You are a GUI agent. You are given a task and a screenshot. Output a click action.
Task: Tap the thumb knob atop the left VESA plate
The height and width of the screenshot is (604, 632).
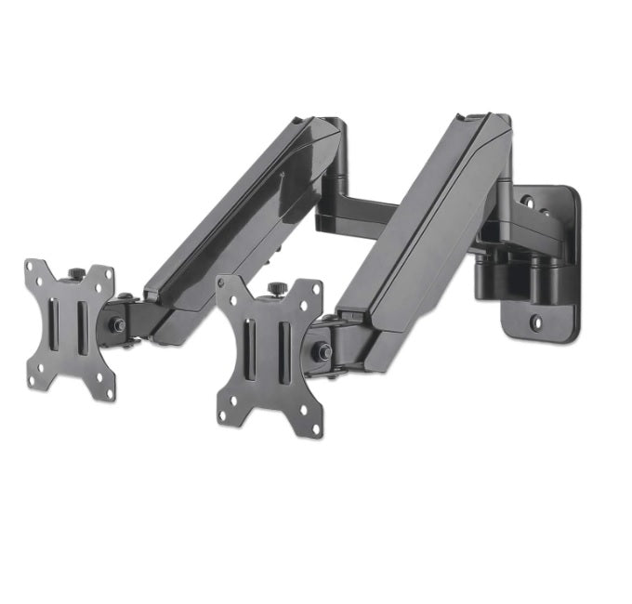pyautogui.click(x=77, y=272)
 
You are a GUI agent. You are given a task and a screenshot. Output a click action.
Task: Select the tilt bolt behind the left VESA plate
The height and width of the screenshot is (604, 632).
pyautogui.click(x=119, y=325)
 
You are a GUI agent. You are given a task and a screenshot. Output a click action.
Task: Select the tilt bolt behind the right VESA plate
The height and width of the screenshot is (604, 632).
pyautogui.click(x=323, y=352)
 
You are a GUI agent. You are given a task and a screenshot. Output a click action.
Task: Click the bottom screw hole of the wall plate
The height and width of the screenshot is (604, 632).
pyautogui.click(x=536, y=324)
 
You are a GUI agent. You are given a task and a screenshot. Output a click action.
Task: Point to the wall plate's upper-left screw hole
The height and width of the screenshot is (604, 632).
pyautogui.click(x=526, y=201)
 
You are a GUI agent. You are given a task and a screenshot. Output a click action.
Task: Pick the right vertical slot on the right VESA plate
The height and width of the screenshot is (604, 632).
pyautogui.click(x=283, y=350)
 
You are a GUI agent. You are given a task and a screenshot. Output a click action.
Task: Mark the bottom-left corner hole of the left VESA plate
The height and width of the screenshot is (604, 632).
pyautogui.click(x=33, y=378)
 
